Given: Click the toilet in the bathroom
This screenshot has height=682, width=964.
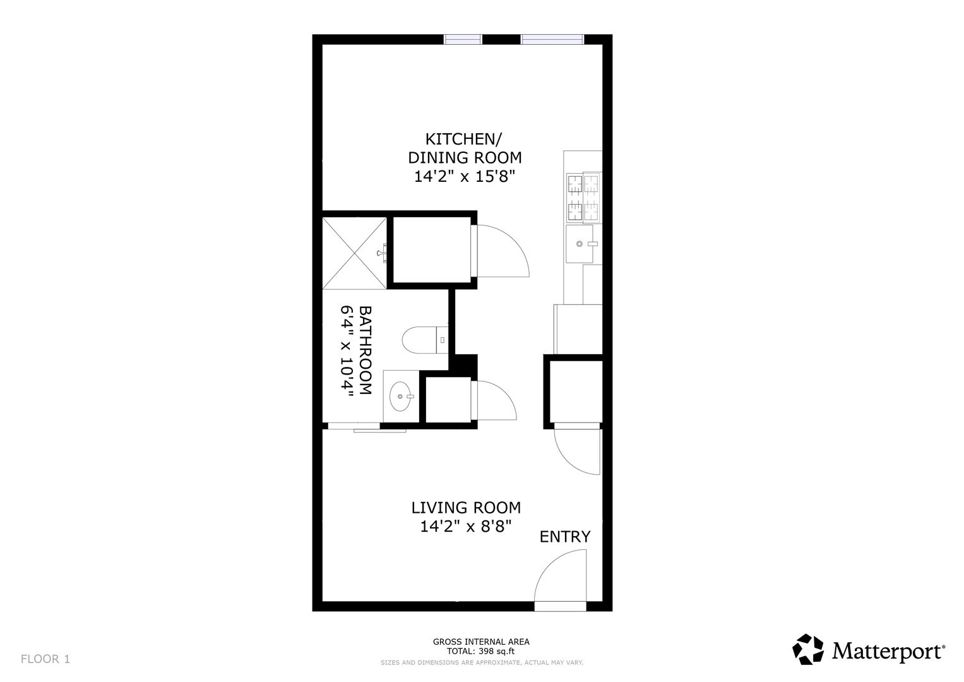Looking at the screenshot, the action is (x=425, y=340).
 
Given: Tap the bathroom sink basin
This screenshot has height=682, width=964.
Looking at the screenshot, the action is (x=402, y=396).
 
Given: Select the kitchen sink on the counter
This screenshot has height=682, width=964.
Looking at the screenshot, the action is (x=580, y=244).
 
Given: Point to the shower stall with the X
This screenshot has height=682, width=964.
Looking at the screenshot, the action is (x=355, y=253).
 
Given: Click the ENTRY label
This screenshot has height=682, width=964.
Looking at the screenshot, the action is (x=565, y=537).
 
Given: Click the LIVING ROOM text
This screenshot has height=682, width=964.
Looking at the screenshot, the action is (x=466, y=508).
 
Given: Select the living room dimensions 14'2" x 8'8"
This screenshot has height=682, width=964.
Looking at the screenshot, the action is (x=466, y=527).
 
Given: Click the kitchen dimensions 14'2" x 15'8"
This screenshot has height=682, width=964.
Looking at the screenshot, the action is (x=465, y=177).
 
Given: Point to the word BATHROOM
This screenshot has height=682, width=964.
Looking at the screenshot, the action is (x=365, y=350).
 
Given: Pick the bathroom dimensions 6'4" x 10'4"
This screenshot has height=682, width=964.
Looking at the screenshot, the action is (x=347, y=350).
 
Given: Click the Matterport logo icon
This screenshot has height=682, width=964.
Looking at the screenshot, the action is (x=808, y=649).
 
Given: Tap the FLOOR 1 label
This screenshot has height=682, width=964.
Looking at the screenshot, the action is (x=45, y=659).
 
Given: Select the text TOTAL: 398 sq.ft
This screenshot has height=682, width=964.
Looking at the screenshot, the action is (x=480, y=652).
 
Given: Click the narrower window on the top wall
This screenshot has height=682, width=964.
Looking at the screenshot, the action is (x=463, y=40).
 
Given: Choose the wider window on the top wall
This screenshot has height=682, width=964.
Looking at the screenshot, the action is (x=552, y=40).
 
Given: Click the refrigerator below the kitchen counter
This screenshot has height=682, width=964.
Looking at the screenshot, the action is (x=578, y=330).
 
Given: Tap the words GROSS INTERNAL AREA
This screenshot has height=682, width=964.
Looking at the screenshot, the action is (x=481, y=642).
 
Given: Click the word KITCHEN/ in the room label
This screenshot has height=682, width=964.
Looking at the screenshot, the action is (x=463, y=139).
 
